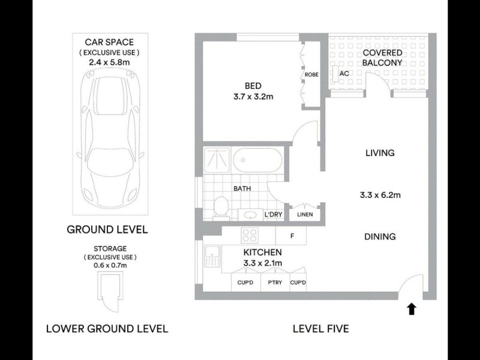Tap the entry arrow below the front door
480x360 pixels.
411,309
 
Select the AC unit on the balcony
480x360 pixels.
344,74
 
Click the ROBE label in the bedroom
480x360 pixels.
311,75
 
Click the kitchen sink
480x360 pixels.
211,259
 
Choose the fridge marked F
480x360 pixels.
292,236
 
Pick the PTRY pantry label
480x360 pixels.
275,283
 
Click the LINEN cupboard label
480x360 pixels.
305,214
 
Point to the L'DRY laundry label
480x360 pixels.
274,214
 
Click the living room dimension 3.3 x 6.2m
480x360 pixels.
380,195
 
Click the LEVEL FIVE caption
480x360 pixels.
320,329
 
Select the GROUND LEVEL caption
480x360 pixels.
107,229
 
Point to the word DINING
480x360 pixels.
380,236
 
